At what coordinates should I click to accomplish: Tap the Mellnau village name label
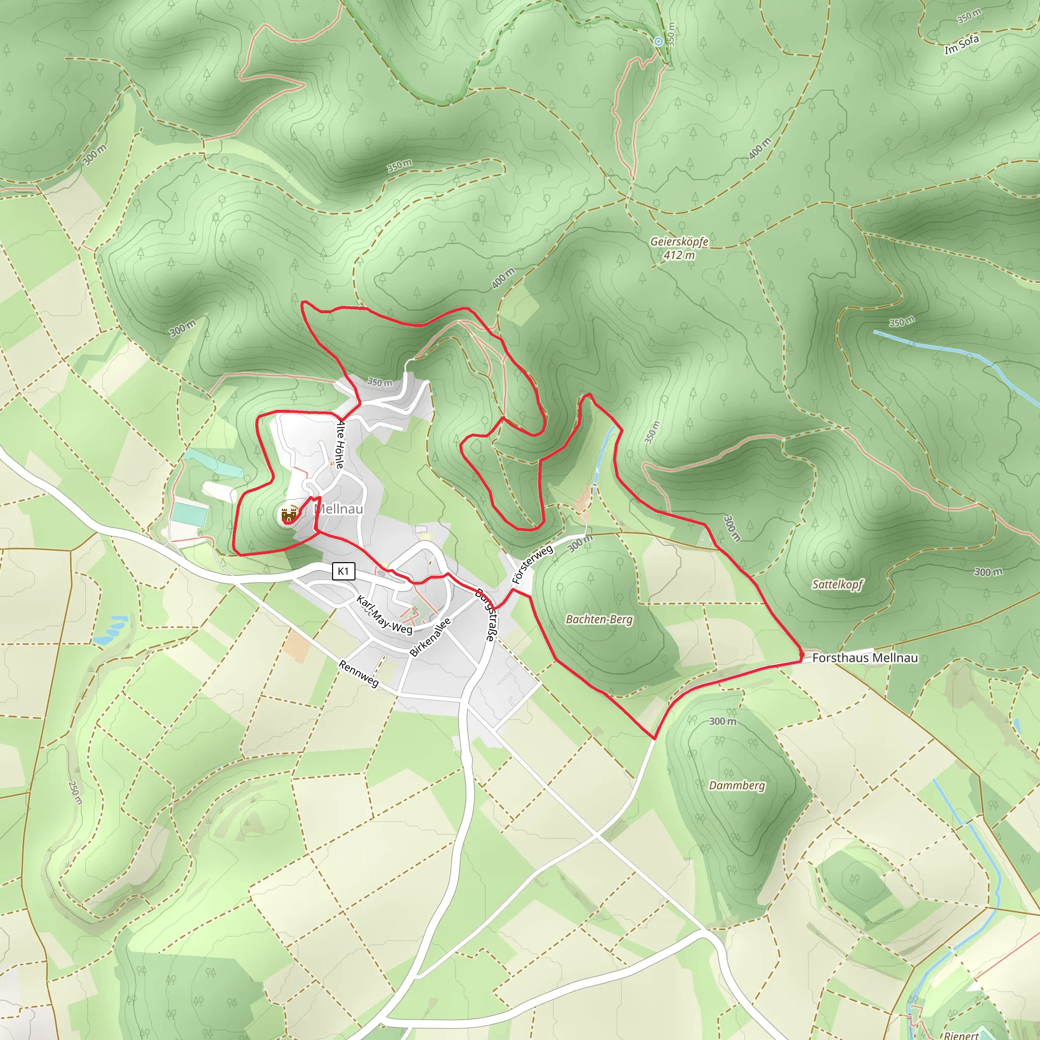pyautogui.click(x=339, y=509)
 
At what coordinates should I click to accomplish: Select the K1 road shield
pyautogui.click(x=343, y=571)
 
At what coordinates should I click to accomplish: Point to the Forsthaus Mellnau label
pyautogui.click(x=864, y=657)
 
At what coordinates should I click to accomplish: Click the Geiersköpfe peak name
pyautogui.click(x=679, y=242)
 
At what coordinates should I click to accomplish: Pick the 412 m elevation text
pyautogui.click(x=679, y=255)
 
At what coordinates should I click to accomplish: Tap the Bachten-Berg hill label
pyautogui.click(x=599, y=620)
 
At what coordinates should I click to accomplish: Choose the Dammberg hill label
pyautogui.click(x=736, y=786)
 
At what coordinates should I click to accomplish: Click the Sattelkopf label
pyautogui.click(x=837, y=584)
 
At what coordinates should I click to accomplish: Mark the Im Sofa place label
pyautogui.click(x=961, y=45)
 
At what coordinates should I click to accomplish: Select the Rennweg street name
pyautogui.click(x=359, y=674)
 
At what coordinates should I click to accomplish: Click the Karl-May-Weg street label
pyautogui.click(x=384, y=614)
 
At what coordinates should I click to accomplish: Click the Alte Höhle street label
pyautogui.click(x=340, y=445)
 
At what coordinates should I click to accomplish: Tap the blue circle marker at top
pyautogui.click(x=658, y=42)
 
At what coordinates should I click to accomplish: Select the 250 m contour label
pyautogui.click(x=75, y=792)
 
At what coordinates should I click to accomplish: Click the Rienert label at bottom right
pyautogui.click(x=961, y=1034)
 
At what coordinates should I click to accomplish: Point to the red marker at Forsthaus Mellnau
pyautogui.click(x=801, y=656)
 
